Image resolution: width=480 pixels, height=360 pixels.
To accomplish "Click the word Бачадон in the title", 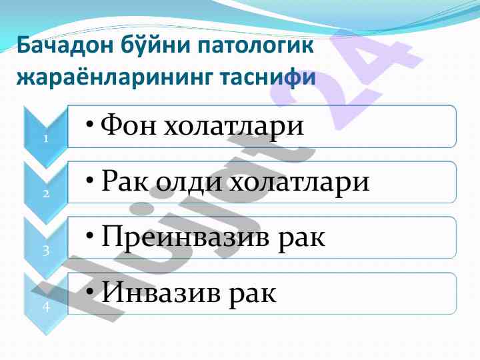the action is tap(65, 45).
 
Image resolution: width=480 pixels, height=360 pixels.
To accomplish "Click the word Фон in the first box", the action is tap(129, 125).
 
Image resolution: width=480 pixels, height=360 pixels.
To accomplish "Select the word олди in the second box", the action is tap(189, 183).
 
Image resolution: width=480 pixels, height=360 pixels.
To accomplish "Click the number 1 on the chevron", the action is tap(46, 139).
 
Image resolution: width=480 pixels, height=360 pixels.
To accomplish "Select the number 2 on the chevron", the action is tap(46, 194).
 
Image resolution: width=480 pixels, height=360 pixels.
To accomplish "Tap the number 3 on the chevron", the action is tap(46, 251).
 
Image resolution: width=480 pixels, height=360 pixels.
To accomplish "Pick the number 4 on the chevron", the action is tap(46, 307).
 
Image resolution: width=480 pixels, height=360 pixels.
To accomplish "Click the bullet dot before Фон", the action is tap(89, 125).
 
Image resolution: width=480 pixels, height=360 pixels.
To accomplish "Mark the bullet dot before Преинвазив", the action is tap(89, 236).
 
